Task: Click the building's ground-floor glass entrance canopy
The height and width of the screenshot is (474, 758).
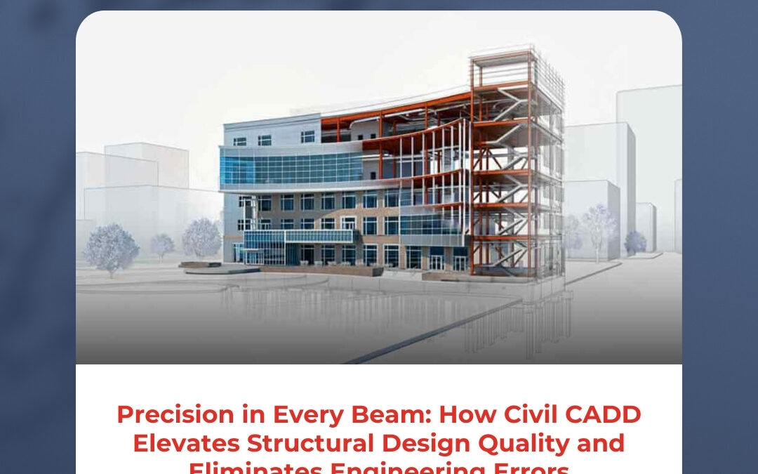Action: pos(298,237)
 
